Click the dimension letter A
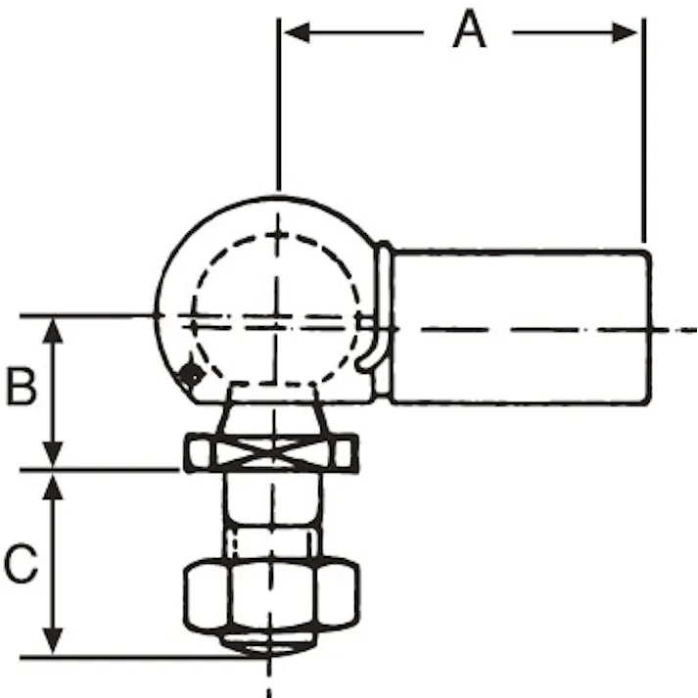tap(469, 31)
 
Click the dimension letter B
tap(21, 387)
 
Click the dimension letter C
tap(21, 564)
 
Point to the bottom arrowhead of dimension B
tap(55, 456)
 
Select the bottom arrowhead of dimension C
tap(55, 643)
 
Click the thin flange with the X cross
tap(269, 454)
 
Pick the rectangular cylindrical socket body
tap(519, 326)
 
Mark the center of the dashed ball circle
tap(277, 318)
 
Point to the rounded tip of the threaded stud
tap(269, 642)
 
